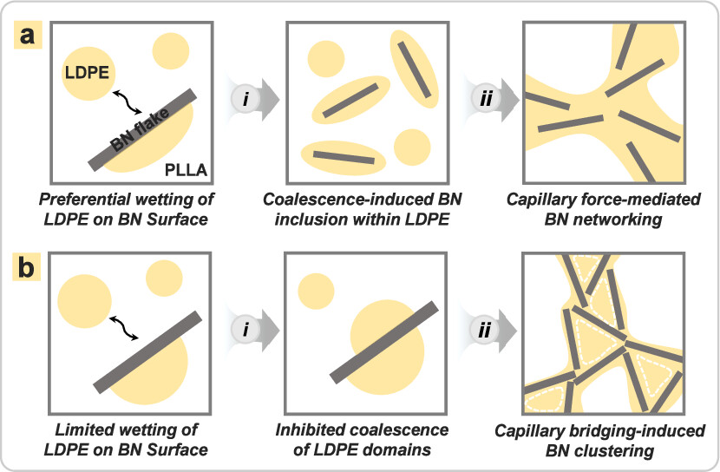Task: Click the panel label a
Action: tap(29, 38)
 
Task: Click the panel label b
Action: tap(29, 265)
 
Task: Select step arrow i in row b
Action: tap(252, 332)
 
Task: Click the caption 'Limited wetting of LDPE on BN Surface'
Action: tap(121, 438)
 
